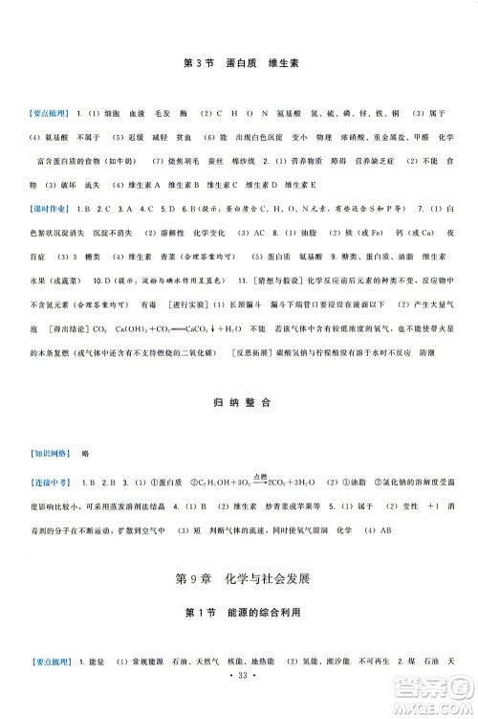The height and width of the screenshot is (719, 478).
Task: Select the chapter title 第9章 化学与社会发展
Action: [x=239, y=606]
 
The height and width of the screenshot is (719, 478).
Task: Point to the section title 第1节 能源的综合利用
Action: [x=239, y=640]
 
